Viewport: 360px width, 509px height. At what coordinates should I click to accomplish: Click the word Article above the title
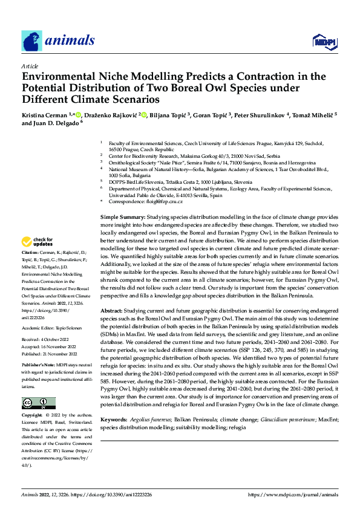(x=30, y=66)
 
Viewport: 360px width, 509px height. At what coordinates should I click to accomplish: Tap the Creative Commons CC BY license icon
(x=39, y=403)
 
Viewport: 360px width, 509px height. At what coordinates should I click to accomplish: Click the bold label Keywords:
(x=114, y=419)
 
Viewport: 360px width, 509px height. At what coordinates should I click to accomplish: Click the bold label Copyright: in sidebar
(x=32, y=416)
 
